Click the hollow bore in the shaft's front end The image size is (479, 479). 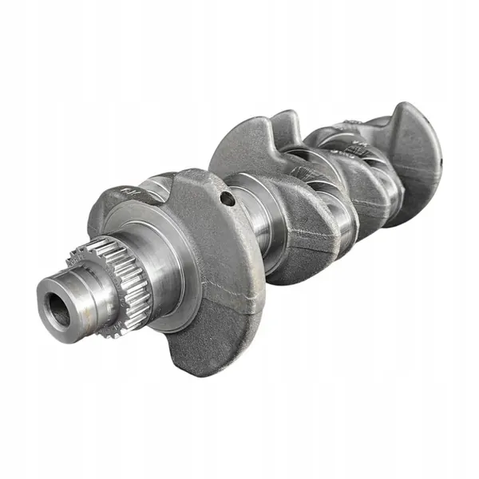click(58, 309)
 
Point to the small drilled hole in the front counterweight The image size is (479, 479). click(229, 197)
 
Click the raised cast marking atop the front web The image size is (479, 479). click(130, 192)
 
